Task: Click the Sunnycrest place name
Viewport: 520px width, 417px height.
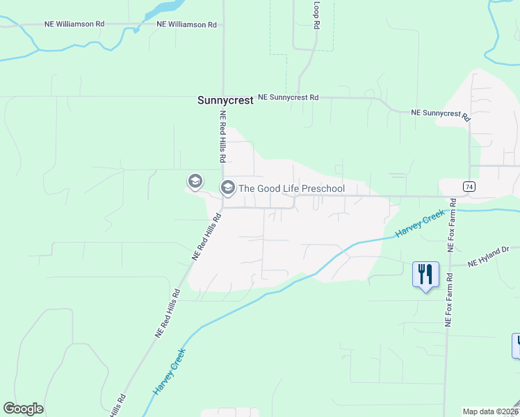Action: point(225,100)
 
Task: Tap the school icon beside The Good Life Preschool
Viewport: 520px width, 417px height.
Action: point(227,188)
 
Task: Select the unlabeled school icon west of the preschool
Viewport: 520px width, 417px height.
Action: point(195,181)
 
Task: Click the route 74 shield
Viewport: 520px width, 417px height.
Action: point(450,186)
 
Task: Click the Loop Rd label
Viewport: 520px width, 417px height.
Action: point(316,15)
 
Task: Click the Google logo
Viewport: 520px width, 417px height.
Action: point(23,409)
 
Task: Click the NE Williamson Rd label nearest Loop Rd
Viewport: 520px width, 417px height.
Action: point(186,24)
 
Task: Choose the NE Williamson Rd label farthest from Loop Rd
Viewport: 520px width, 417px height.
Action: point(74,24)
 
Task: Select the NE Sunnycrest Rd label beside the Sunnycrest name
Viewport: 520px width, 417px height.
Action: point(288,98)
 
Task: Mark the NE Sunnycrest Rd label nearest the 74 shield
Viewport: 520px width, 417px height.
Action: point(441,113)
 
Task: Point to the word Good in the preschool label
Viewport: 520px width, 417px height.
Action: point(270,188)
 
